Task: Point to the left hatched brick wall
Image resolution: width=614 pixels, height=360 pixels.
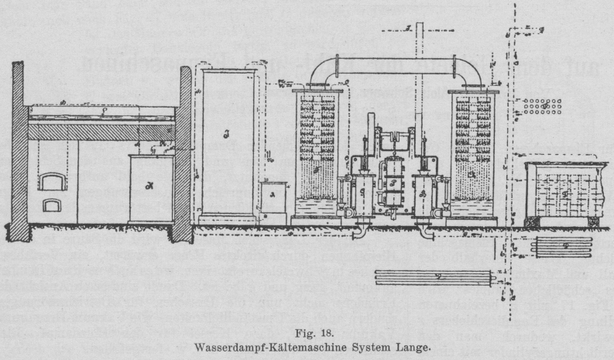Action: pos(20,151)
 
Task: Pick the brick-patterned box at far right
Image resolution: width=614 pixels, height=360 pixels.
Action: pos(561,190)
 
